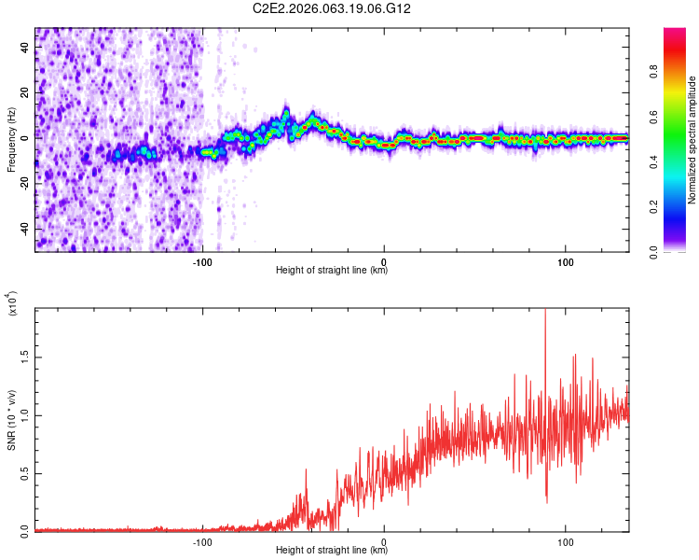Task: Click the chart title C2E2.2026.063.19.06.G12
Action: click(x=333, y=8)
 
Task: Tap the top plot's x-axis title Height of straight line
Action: click(x=332, y=271)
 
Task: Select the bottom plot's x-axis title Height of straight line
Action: click(x=332, y=551)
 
